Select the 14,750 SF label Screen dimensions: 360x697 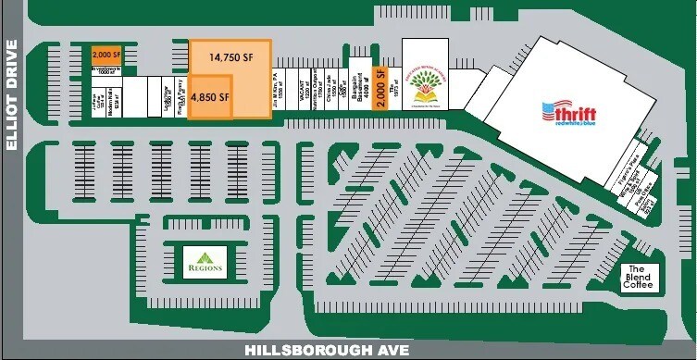(x=230, y=57)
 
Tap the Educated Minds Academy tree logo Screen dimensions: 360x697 (x=424, y=86)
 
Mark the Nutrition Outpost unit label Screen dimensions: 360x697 (x=317, y=90)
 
